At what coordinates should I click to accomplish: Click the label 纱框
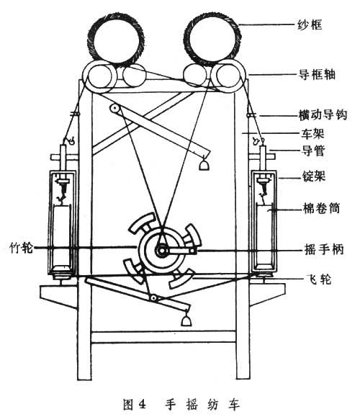pos(310,24)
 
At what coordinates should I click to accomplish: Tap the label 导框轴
pos(317,74)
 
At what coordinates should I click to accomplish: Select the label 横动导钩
pos(323,115)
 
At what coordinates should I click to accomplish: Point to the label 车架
pos(312,133)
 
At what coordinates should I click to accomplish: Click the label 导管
pos(313,151)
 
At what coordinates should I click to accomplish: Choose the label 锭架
pos(314,176)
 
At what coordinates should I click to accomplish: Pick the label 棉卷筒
pos(321,208)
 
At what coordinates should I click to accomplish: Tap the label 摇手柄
pos(324,249)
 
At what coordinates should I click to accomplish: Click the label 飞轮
pos(319,279)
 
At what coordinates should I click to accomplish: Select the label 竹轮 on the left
pos(22,248)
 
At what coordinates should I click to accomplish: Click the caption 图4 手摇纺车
pos(181,405)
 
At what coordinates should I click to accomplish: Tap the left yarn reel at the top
pos(116,39)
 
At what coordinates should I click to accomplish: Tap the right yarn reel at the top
pos(212,39)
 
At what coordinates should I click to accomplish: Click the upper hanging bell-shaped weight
pos(204,165)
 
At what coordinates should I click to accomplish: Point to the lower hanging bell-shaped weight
pos(186,320)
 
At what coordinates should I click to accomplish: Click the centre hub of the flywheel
pos(161,251)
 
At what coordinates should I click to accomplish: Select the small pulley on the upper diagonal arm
pos(114,108)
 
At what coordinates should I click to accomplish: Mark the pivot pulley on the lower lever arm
pos(153,298)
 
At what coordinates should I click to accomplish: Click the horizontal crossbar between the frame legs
pos(163,336)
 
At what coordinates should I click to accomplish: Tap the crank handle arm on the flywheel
pos(179,251)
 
